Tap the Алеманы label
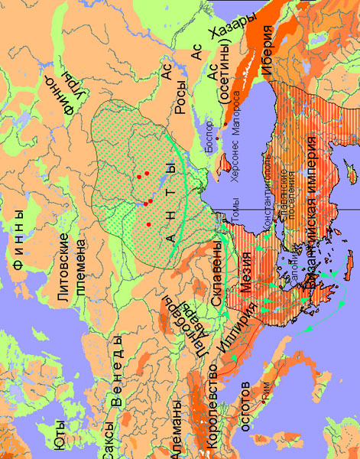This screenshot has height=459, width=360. [177, 428]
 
